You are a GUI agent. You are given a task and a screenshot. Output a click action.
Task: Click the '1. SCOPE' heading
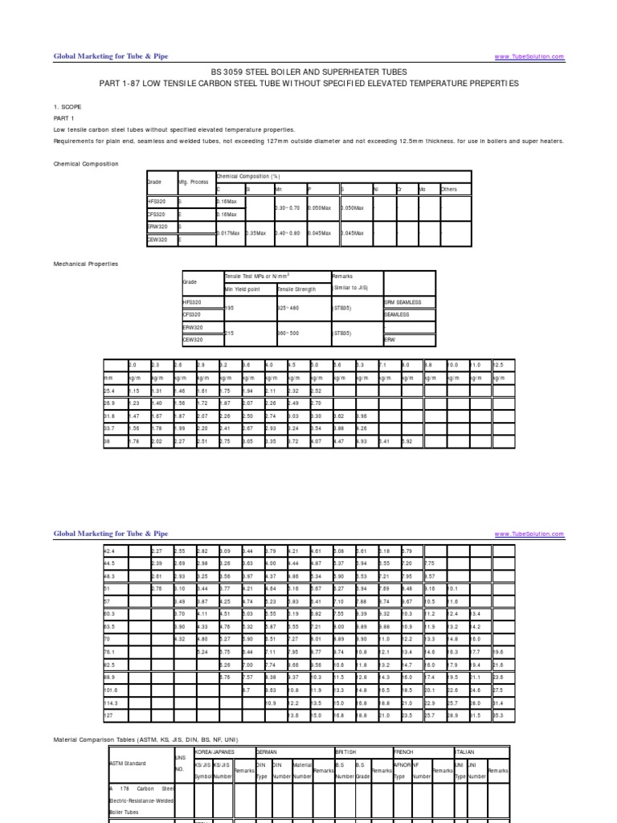pos(67,106)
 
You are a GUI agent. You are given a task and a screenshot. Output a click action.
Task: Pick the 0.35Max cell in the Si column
pos(256,232)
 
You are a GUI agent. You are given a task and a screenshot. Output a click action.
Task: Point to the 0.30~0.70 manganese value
pos(287,207)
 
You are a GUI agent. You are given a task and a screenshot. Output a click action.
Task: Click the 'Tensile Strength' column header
pos(296,288)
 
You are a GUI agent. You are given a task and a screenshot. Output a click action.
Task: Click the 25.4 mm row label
pos(110,391)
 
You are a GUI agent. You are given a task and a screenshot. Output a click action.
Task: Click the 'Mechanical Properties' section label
pos(86,263)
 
